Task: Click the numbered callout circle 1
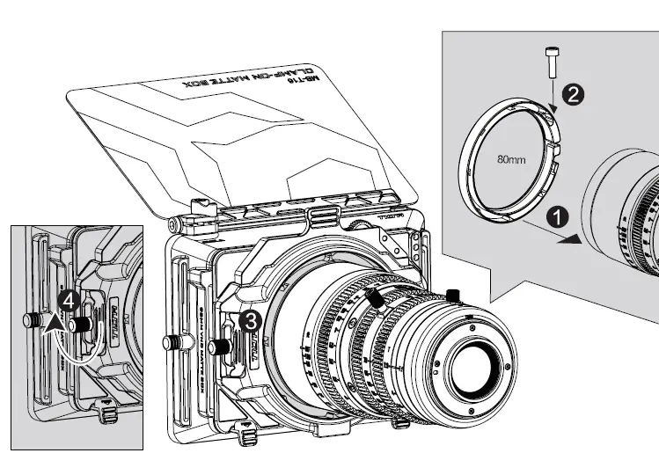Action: [x=554, y=216]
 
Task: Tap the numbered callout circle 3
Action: [x=251, y=321]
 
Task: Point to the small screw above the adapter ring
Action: [x=552, y=61]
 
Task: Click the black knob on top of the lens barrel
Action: [x=454, y=295]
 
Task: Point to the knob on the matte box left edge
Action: [x=172, y=340]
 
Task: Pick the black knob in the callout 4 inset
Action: [x=84, y=325]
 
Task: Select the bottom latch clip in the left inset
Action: [x=106, y=409]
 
